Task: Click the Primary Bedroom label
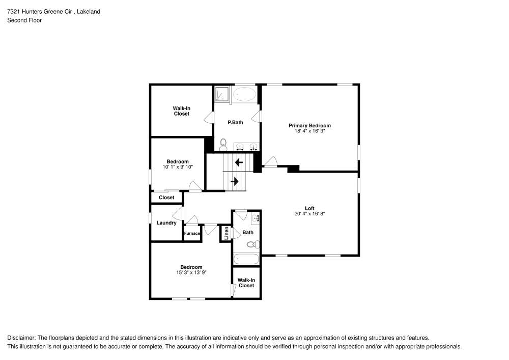(309, 125)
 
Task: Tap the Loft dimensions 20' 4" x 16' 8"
(309, 214)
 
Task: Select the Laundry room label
(166, 223)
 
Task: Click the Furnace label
(192, 234)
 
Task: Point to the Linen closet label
(227, 233)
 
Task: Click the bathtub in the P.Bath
(244, 94)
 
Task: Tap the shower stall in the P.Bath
(221, 95)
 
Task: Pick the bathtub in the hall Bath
(246, 259)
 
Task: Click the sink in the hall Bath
(255, 218)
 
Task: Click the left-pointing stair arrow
(238, 163)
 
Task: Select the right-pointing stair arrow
(235, 181)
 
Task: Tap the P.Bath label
(235, 122)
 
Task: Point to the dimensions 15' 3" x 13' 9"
(191, 272)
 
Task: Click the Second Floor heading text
(24, 20)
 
